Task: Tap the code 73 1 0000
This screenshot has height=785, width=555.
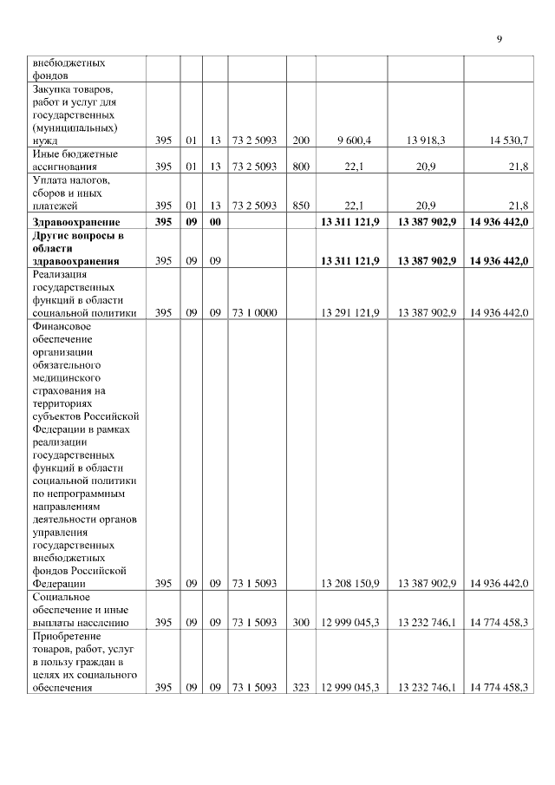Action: point(254,312)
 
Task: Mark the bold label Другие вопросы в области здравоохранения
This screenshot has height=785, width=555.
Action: point(79,247)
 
